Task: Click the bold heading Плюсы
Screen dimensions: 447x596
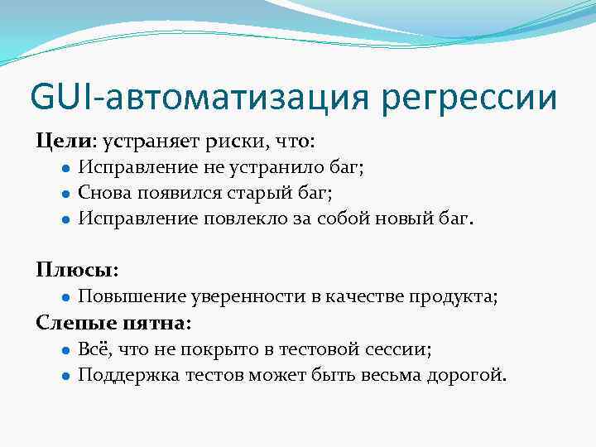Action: click(75, 270)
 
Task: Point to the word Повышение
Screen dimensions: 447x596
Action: click(132, 297)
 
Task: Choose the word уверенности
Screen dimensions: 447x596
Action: click(246, 297)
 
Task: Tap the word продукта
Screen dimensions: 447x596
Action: click(460, 297)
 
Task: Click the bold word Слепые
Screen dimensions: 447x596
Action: click(69, 324)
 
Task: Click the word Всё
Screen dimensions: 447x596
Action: click(92, 349)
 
